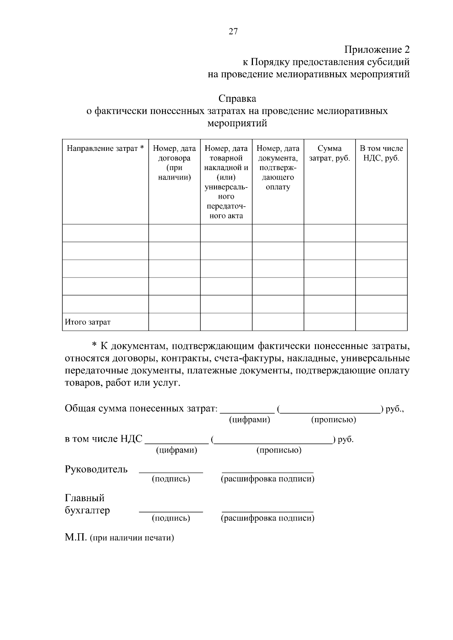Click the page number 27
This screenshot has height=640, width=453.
click(x=233, y=32)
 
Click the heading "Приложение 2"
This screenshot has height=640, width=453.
click(x=376, y=49)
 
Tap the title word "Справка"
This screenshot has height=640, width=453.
click(x=237, y=99)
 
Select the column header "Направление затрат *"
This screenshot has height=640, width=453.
click(x=105, y=148)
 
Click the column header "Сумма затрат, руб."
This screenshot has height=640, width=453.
click(x=329, y=153)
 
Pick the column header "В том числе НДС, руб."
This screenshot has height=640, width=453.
click(x=381, y=153)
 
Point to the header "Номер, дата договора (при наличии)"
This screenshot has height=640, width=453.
click(x=174, y=163)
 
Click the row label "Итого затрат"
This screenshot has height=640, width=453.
click(x=88, y=322)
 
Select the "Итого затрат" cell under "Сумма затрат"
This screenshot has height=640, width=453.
click(x=329, y=322)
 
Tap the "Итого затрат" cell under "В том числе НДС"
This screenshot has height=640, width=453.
click(x=381, y=322)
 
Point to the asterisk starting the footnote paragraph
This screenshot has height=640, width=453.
click(x=95, y=345)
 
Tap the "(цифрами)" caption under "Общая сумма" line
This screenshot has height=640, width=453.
click(x=250, y=420)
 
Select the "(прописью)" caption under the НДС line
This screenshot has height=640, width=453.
click(x=279, y=450)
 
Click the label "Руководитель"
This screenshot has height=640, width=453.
click(x=96, y=469)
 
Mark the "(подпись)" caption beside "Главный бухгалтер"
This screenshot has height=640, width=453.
click(x=171, y=518)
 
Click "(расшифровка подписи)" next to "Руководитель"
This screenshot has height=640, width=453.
click(x=267, y=479)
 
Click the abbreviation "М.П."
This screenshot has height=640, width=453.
click(x=76, y=537)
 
